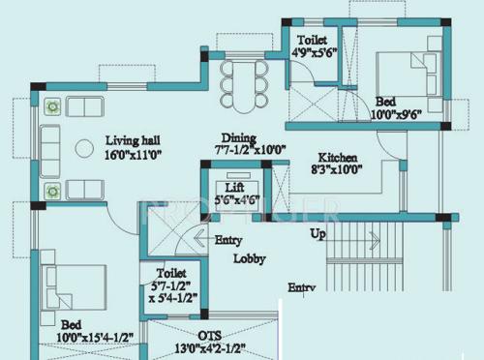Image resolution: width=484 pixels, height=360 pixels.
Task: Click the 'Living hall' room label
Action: (131, 139)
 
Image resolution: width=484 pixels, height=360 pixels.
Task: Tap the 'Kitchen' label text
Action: (338, 158)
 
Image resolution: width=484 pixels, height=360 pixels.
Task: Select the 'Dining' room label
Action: (238, 137)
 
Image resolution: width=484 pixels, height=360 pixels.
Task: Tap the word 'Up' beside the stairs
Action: (318, 234)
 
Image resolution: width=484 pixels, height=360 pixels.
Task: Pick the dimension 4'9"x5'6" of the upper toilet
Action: (315, 55)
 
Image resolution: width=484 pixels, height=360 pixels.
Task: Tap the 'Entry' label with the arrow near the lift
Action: (227, 240)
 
